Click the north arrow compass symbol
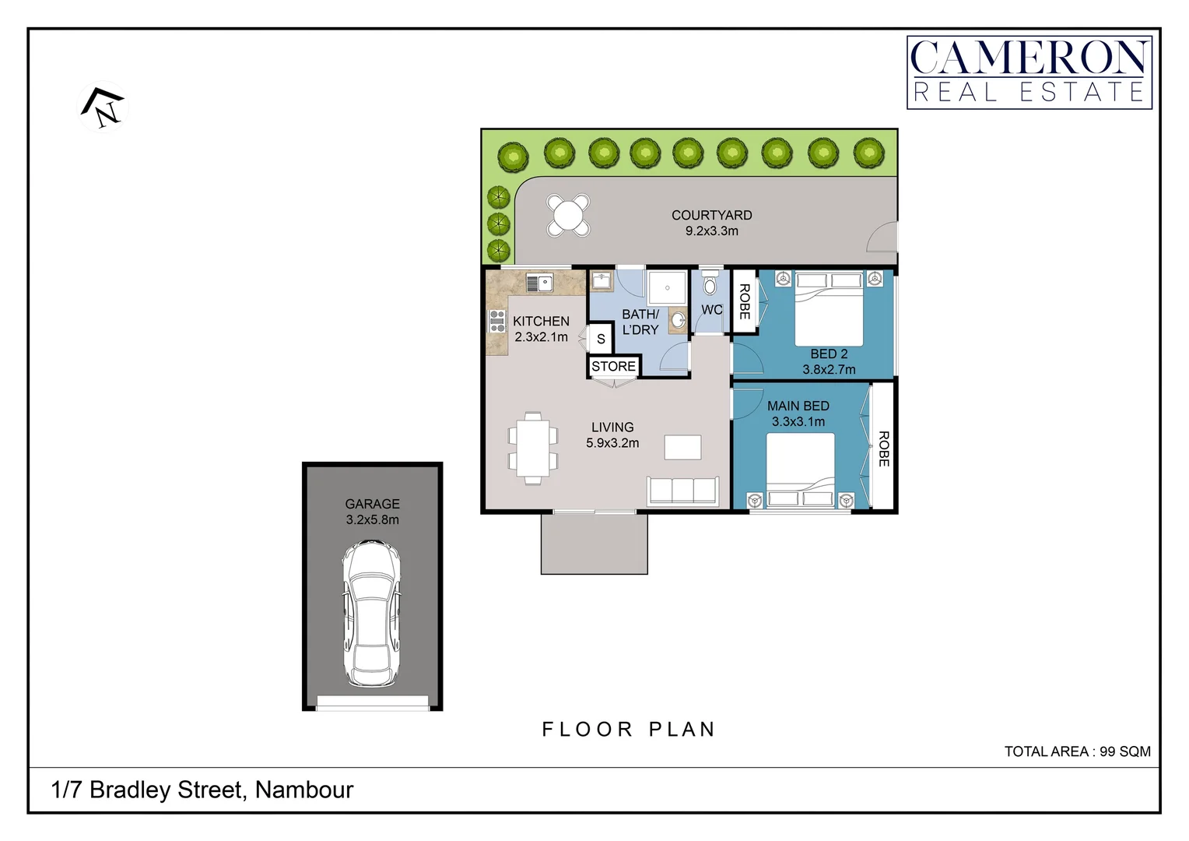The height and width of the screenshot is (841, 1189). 103,107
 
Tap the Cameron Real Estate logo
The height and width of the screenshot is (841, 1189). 1029,72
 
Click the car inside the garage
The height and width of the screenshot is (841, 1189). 372,614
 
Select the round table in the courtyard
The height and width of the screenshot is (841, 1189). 568,215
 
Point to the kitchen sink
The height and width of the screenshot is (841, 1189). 539,283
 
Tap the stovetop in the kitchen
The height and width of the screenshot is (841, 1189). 496,321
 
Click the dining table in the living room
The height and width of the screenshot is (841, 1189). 533,449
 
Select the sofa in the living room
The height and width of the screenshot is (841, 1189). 682,491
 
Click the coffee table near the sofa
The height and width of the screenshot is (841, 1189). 682,447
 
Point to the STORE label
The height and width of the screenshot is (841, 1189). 613,366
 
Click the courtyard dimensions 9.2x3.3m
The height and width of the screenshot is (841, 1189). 711,231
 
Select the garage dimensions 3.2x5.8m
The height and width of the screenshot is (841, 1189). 372,520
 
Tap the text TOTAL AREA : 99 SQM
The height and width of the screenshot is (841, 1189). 1076,751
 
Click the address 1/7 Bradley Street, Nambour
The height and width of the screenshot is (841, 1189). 202,790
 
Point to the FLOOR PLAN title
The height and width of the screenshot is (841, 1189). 628,730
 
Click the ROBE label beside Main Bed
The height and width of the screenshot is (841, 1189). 883,449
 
